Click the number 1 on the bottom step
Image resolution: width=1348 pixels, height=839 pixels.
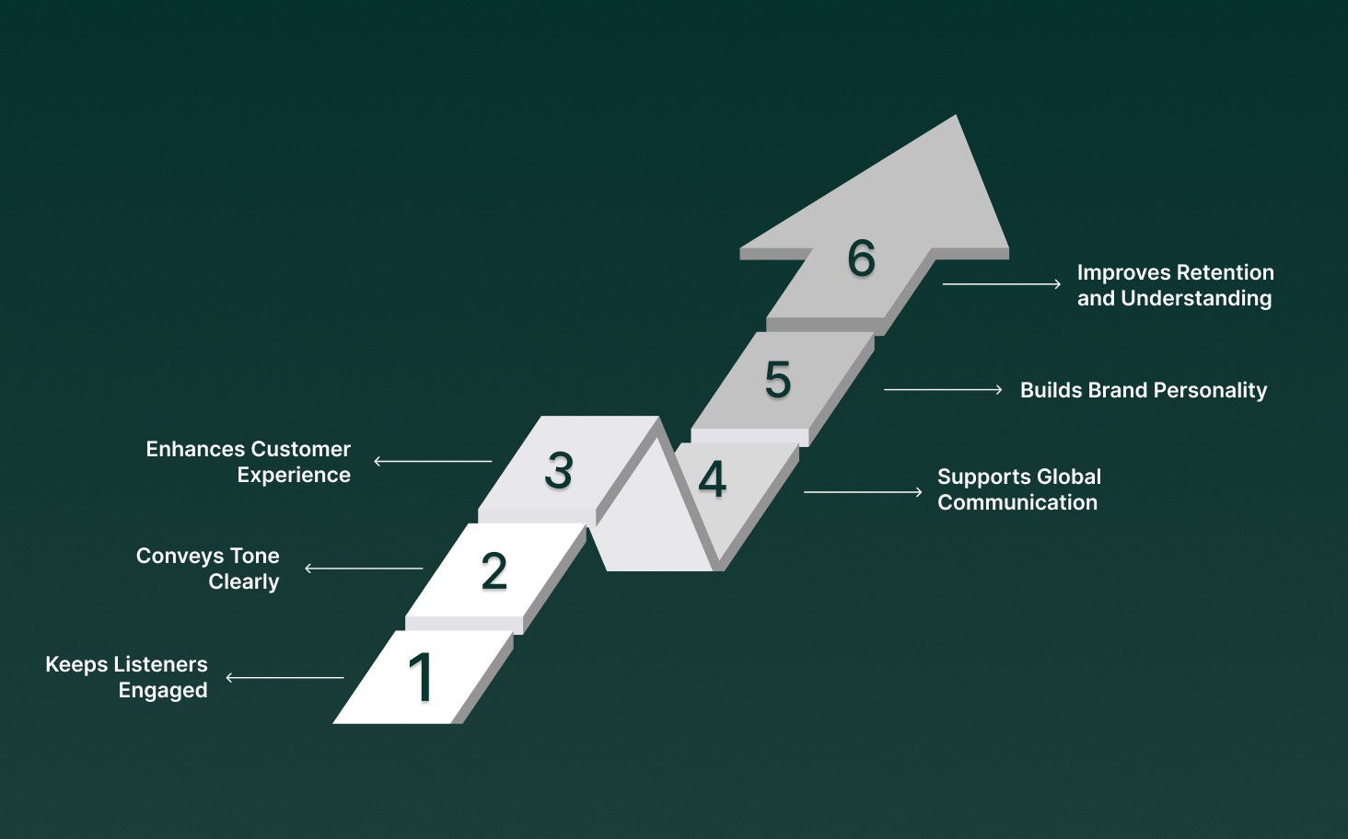pyautogui.click(x=421, y=677)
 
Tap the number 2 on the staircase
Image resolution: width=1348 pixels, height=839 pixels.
pyautogui.click(x=494, y=570)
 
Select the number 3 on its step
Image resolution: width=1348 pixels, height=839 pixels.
pyautogui.click(x=559, y=470)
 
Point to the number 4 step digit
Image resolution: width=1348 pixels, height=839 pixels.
pyautogui.click(x=712, y=479)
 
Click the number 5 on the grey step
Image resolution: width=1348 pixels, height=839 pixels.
pyautogui.click(x=778, y=379)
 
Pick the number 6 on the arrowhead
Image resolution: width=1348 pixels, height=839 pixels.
pyautogui.click(x=862, y=258)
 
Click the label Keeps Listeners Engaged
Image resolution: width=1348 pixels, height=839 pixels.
pyautogui.click(x=127, y=677)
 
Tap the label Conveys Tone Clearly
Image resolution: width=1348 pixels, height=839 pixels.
pyautogui.click(x=208, y=569)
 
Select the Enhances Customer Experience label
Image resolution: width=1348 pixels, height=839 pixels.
pyautogui.click(x=249, y=462)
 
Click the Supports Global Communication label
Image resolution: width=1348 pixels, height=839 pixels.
pyautogui.click(x=1018, y=489)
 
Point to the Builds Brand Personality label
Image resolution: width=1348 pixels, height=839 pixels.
pyautogui.click(x=1144, y=390)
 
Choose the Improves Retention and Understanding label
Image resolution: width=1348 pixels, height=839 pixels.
pyautogui.click(x=1175, y=285)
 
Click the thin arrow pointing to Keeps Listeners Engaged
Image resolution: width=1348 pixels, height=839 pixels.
pyautogui.click(x=285, y=678)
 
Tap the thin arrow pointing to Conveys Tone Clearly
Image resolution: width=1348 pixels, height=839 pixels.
pyautogui.click(x=364, y=569)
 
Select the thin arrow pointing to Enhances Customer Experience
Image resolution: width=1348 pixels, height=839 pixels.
pyautogui.click(x=433, y=461)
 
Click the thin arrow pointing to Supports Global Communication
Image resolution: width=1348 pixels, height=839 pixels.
pyautogui.click(x=863, y=492)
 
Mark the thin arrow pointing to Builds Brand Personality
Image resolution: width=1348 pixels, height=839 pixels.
pyautogui.click(x=943, y=390)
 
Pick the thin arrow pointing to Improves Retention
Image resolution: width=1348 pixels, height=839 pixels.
pyautogui.click(x=1002, y=284)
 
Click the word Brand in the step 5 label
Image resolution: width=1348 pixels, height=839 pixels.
pyautogui.click(x=1118, y=390)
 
